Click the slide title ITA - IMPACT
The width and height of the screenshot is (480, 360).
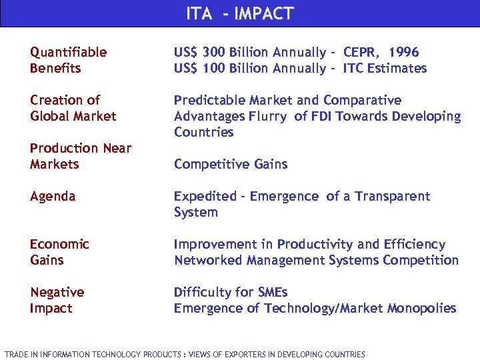point(239,13)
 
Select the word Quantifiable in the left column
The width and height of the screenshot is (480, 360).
point(68,52)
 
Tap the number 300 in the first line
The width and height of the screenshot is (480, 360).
point(213,52)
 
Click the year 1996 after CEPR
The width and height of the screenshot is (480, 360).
point(404,52)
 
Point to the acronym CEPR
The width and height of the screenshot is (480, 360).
point(361,52)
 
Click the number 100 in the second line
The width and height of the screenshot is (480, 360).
point(213,68)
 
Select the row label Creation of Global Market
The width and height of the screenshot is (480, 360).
point(73,108)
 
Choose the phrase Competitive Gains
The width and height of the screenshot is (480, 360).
point(231,164)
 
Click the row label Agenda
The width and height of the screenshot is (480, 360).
point(53,196)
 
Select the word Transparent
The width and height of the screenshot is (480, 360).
point(393,196)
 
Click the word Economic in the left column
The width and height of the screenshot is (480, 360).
point(59,244)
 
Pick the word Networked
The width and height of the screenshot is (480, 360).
point(205,260)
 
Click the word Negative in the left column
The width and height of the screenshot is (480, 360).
point(57,292)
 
